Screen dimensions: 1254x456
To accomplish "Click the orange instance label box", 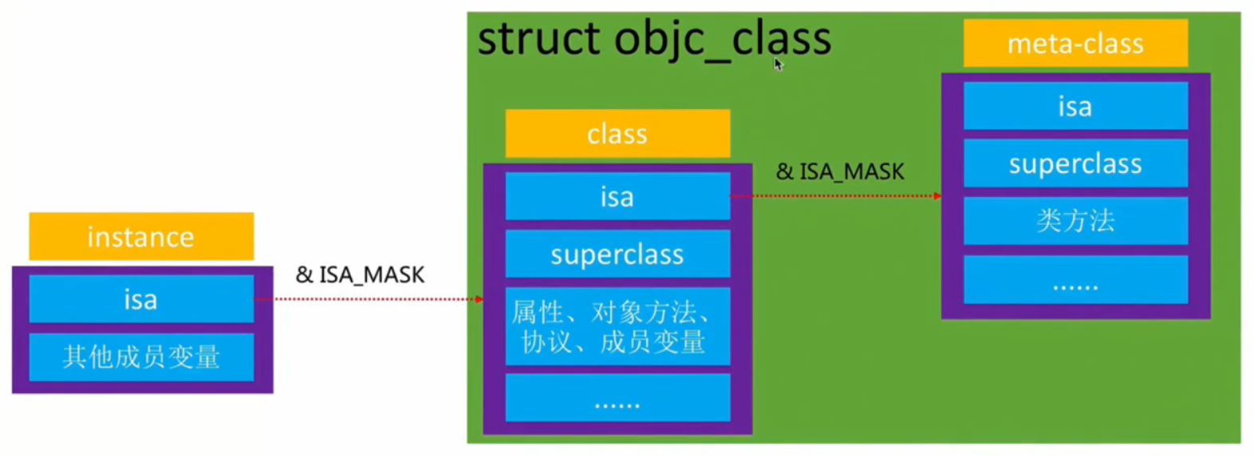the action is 141,236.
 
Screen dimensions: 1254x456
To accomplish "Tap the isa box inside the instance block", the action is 141,299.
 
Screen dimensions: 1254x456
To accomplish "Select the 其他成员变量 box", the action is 141,357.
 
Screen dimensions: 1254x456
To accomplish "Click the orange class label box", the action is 617,134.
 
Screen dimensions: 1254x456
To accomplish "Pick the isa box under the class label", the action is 617,196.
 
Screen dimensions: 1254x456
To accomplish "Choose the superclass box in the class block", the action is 617,254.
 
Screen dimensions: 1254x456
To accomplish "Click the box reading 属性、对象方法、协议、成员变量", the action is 617,326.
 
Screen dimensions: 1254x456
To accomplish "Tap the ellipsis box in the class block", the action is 617,398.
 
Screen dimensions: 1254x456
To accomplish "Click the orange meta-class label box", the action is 1075,43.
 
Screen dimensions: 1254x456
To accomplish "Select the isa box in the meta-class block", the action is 1075,106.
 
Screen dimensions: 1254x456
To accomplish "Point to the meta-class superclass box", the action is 1075,163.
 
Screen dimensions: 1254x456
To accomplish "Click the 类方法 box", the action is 1075,221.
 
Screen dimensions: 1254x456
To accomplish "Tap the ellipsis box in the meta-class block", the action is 1075,280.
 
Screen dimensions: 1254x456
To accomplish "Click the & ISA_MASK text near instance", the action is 360,275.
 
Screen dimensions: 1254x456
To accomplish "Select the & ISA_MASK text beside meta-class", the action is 840,171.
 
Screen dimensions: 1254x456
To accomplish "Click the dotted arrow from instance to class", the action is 369,299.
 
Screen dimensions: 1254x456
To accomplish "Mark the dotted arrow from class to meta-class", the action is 835,196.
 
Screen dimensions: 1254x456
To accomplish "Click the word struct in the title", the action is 538,38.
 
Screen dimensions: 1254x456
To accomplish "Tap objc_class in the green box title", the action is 723,41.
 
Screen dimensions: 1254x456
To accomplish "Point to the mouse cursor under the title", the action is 778,64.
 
